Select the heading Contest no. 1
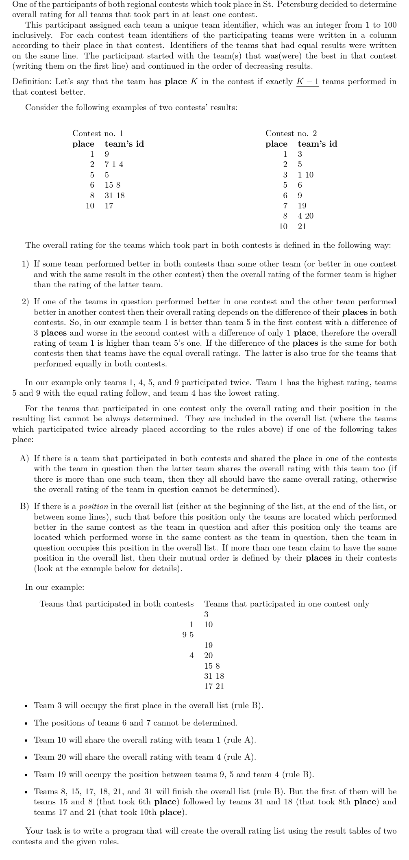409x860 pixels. pyautogui.click(x=98, y=133)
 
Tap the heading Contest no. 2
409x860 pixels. pyautogui.click(x=291, y=133)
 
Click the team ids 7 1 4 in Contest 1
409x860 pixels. pyautogui.click(x=114, y=165)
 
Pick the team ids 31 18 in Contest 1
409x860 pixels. pyautogui.click(x=115, y=195)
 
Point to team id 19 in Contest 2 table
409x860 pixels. pyautogui.click(x=302, y=206)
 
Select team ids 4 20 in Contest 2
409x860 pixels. pyautogui.click(x=306, y=216)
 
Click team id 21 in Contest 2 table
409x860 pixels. pyautogui.click(x=302, y=227)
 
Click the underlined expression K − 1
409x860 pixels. pyautogui.click(x=308, y=82)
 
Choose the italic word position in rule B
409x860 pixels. pyautogui.click(x=94, y=507)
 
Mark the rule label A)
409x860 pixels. pyautogui.click(x=25, y=459)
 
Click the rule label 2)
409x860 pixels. pyautogui.click(x=26, y=302)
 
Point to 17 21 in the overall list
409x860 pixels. pyautogui.click(x=214, y=687)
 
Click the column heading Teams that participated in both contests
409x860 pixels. pyautogui.click(x=117, y=604)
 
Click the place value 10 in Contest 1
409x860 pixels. pyautogui.click(x=90, y=206)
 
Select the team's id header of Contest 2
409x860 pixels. pyautogui.click(x=317, y=144)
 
